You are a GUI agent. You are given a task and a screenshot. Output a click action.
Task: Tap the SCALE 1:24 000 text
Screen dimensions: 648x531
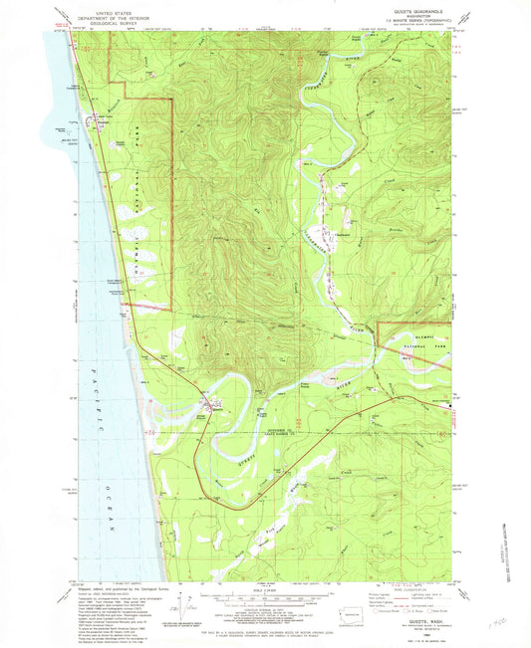pos(264,594)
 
